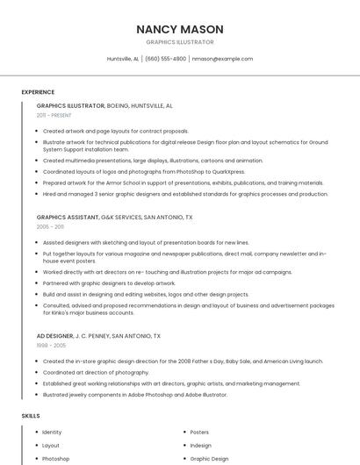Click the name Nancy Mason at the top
179,29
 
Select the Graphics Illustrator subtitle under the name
179,42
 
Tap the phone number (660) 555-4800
165,59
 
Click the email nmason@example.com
222,59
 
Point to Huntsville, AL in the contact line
123,59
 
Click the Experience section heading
38,92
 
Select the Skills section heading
31,415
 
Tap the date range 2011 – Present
54,115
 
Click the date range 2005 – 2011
50,226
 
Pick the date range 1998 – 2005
50,346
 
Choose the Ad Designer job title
54,335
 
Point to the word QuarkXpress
226,172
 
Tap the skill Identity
52,432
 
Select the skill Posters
199,432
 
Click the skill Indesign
200,445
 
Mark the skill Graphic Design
209,458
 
